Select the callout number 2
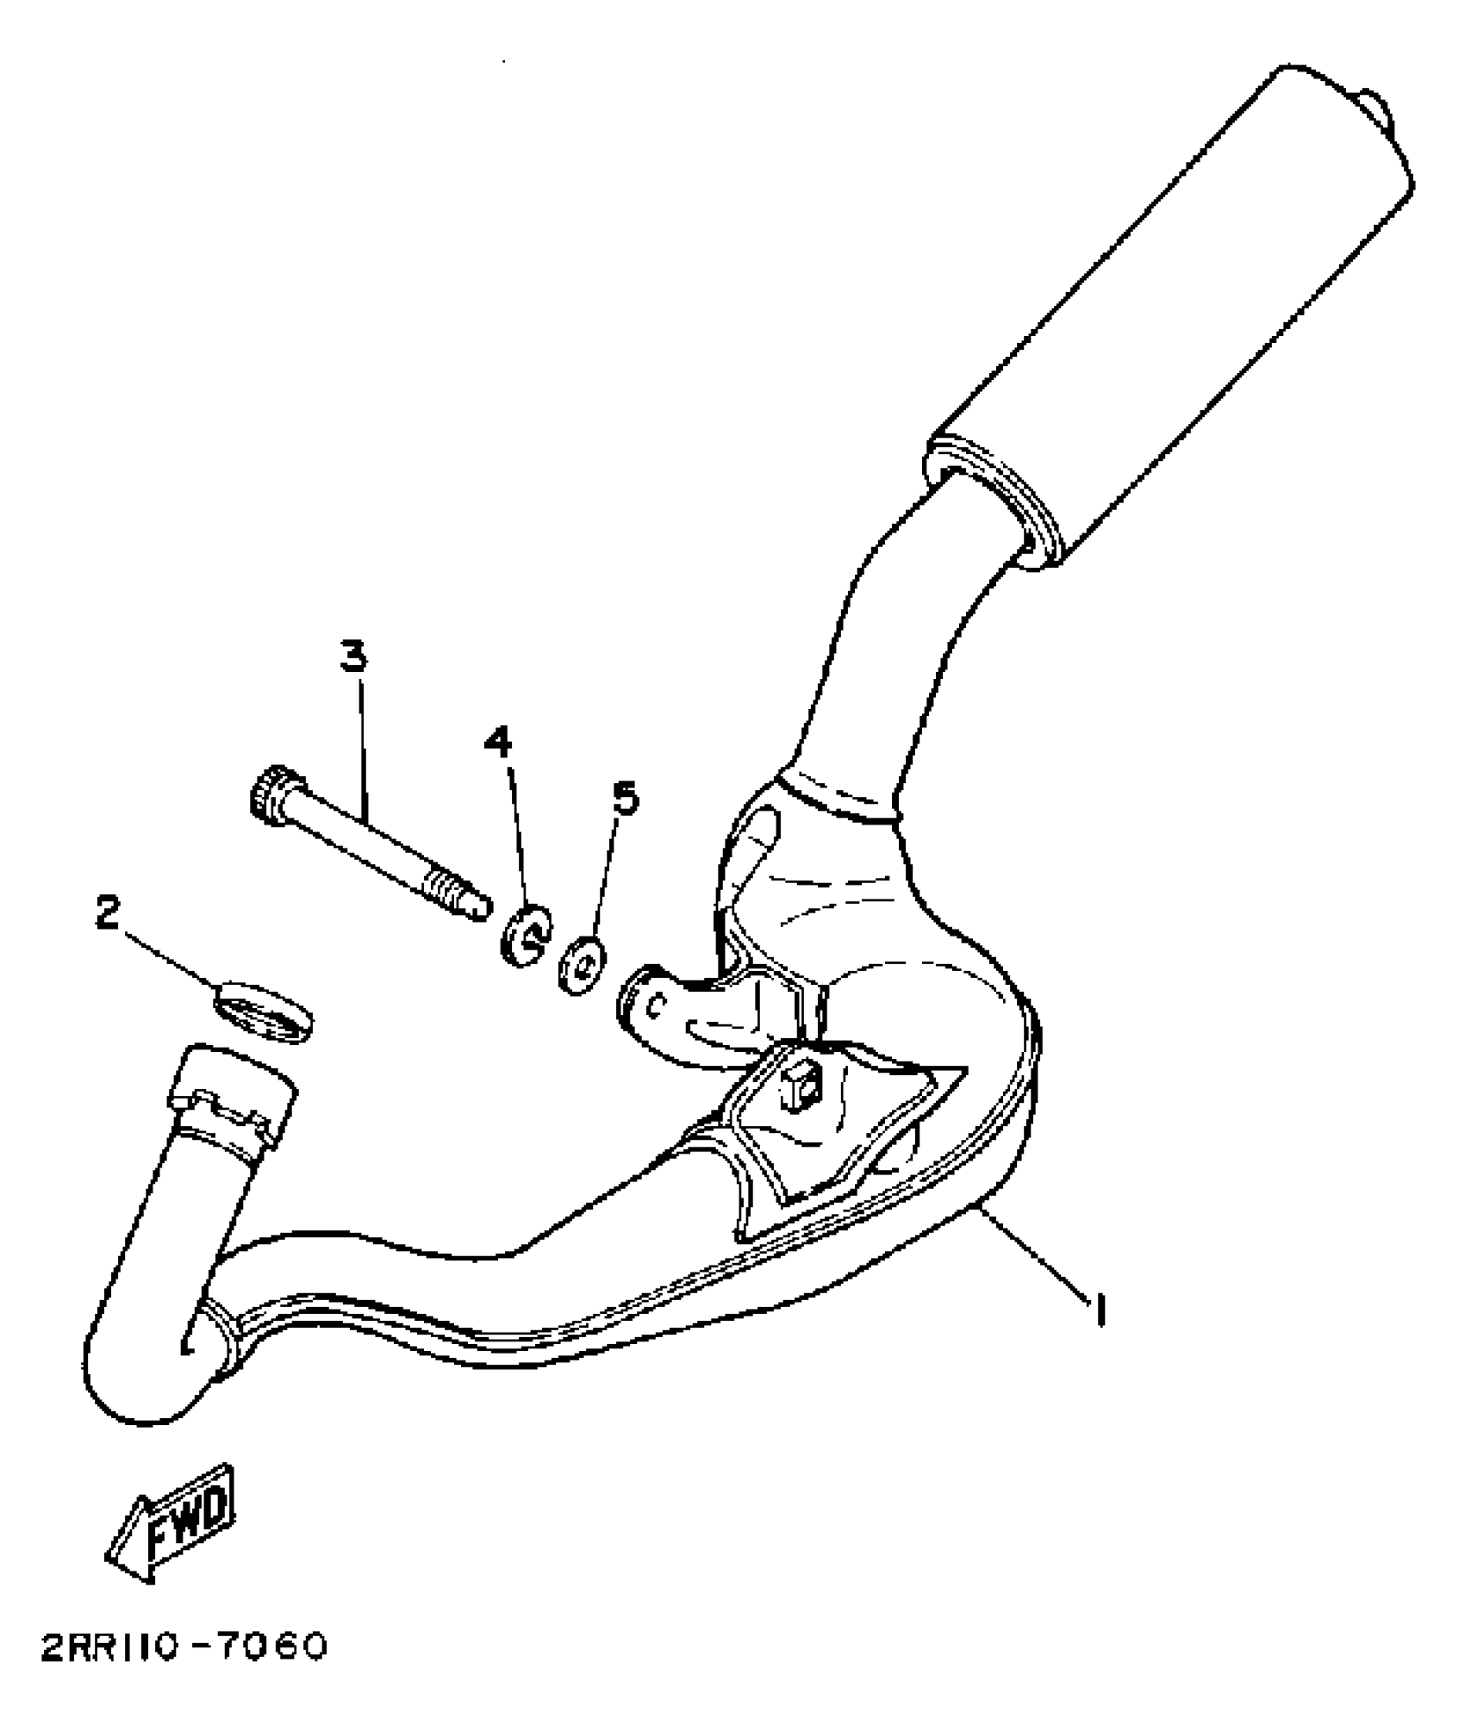107,913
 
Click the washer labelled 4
525,935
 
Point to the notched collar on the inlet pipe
234,1105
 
